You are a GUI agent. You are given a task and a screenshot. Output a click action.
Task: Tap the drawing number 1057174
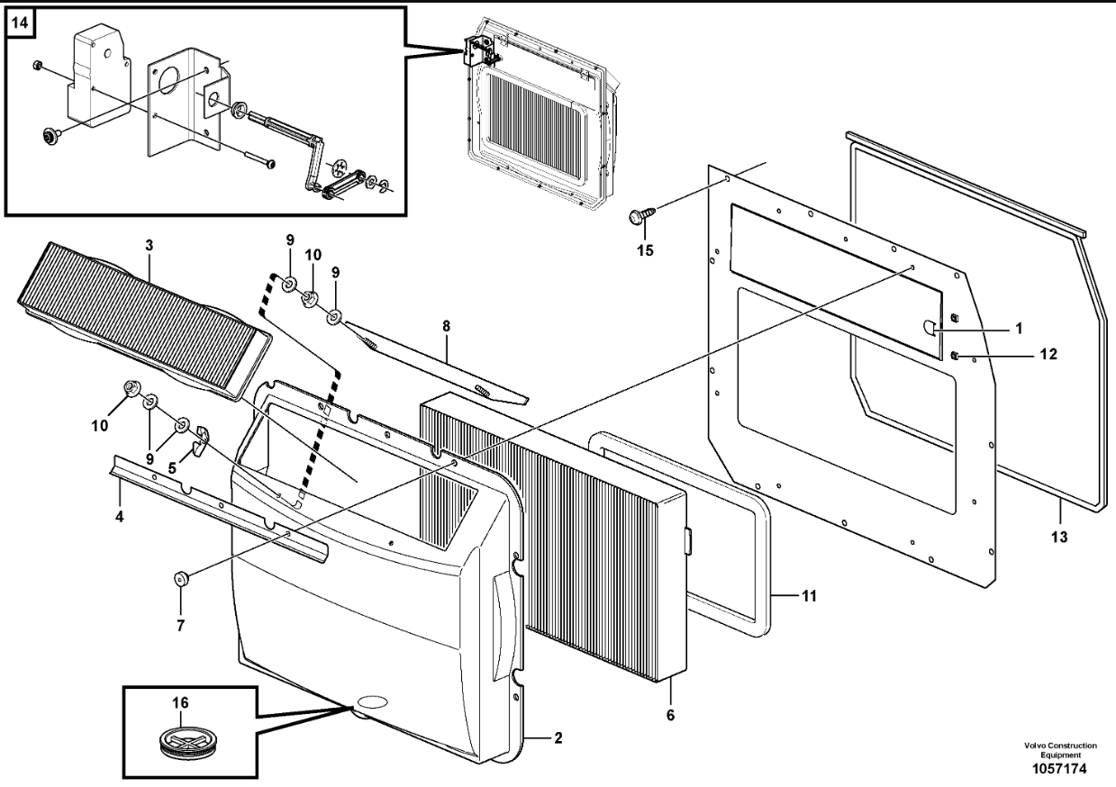coord(1059,772)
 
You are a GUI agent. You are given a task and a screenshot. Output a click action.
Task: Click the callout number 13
coord(1059,538)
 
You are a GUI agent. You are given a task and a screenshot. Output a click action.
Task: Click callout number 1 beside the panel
coord(1017,330)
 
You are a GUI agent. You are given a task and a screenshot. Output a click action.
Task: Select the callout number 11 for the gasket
coord(810,595)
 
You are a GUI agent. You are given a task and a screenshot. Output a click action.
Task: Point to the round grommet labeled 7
coord(180,577)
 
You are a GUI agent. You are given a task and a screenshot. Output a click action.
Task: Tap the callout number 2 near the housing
coord(558,738)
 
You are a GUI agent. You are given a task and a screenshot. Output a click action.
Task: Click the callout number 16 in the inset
coord(179,701)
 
